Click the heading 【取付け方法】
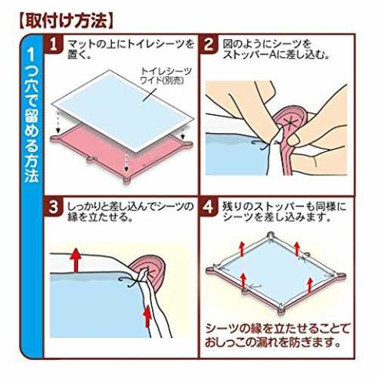pyautogui.click(x=66, y=21)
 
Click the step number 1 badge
pyautogui.click(x=54, y=45)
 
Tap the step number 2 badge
pyautogui.click(x=209, y=45)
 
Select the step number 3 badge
pyautogui.click(x=54, y=208)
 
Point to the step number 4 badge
pyautogui.click(x=209, y=208)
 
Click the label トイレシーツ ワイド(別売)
pyautogui.click(x=164, y=76)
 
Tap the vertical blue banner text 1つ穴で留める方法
pyautogui.click(x=32, y=116)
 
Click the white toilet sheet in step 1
pyautogui.click(x=122, y=111)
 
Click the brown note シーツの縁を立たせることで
pyautogui.click(x=277, y=328)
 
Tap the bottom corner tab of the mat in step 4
pyautogui.click(x=280, y=311)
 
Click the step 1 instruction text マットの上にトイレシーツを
pyautogui.click(x=131, y=45)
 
